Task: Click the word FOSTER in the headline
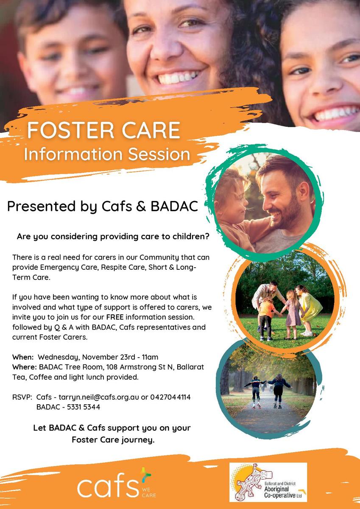70,130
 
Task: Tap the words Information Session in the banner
107,154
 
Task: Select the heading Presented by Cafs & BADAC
103,206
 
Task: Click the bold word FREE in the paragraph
115,317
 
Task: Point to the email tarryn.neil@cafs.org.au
99,397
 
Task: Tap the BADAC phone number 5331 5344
84,407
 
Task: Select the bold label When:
23,357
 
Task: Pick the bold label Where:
25,367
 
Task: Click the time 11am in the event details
150,357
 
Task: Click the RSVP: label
22,397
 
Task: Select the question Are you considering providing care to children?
113,237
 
